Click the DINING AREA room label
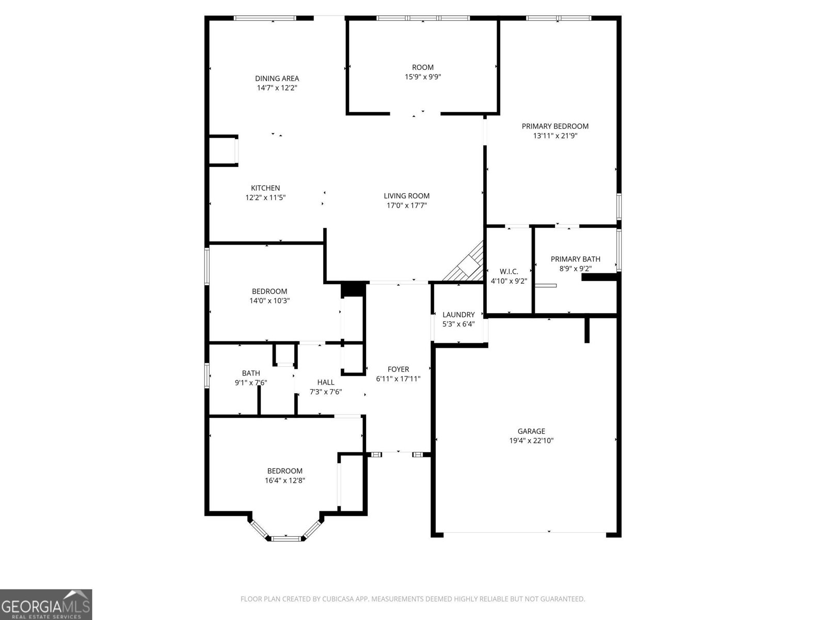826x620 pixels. (277, 79)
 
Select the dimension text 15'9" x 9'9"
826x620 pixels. (422, 77)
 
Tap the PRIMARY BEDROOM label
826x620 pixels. (555, 126)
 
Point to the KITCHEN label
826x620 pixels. (265, 188)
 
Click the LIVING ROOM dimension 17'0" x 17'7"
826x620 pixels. (406, 205)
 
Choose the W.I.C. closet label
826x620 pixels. (509, 272)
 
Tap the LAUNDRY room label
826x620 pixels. (458, 315)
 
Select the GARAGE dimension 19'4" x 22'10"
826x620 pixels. (531, 441)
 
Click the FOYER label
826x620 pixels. (398, 369)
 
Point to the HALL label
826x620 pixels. (325, 382)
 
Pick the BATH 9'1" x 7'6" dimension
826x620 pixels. (251, 382)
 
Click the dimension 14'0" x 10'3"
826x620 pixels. (269, 301)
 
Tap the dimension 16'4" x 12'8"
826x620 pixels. (284, 481)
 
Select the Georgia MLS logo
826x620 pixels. (46, 604)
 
